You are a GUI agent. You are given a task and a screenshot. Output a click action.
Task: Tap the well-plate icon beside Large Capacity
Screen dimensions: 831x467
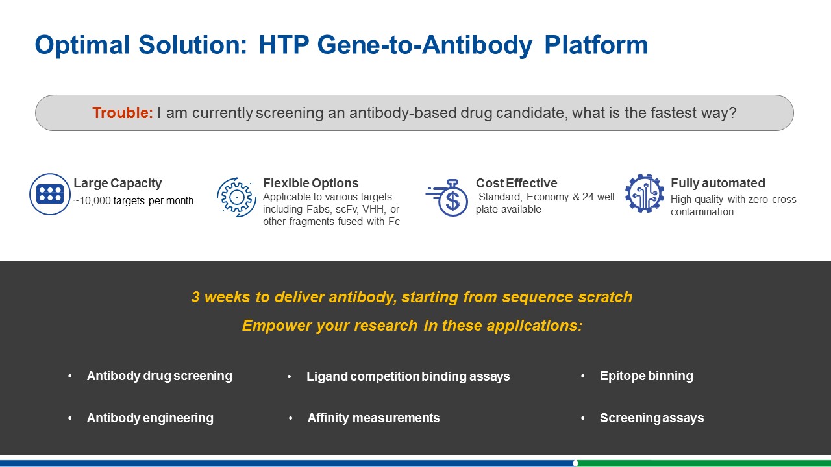[x=50, y=194]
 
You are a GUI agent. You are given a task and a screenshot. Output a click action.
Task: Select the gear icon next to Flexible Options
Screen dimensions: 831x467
[x=237, y=197]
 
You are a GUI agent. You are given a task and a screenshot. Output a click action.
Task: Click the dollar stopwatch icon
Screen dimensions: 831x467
[x=447, y=198]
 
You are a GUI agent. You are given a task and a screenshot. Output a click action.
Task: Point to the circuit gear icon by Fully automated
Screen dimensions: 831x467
[x=645, y=193]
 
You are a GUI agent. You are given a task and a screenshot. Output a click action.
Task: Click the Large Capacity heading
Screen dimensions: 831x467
[x=118, y=183]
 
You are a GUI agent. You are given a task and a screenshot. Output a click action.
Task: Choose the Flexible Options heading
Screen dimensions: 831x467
[x=311, y=183]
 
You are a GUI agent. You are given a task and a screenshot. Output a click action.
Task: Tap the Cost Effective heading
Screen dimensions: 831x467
[x=516, y=183]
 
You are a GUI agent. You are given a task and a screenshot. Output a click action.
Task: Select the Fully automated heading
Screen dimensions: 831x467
[x=718, y=183]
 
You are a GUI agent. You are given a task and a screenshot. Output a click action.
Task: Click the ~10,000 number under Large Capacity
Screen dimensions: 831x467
[x=92, y=201]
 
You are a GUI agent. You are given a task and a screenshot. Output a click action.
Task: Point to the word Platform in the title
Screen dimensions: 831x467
[x=596, y=45]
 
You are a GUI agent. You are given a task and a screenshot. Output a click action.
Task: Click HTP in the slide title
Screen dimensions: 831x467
[x=284, y=45]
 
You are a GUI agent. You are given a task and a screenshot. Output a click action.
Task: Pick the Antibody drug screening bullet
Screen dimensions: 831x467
[x=160, y=376]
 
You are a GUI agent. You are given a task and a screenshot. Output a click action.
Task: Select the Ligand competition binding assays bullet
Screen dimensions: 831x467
[x=408, y=377]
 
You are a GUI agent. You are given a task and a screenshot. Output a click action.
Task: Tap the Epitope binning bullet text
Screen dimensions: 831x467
[x=647, y=376]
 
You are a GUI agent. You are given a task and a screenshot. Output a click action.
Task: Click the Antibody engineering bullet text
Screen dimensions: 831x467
[x=150, y=418]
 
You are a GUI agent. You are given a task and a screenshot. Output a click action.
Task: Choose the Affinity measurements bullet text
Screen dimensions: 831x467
[x=373, y=418]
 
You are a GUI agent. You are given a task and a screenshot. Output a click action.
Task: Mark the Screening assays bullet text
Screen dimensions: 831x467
[x=652, y=418]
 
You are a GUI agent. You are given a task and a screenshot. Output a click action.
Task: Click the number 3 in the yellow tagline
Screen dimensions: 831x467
[x=195, y=297]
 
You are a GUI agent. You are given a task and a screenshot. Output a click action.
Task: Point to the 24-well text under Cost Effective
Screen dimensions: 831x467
[x=598, y=197]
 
